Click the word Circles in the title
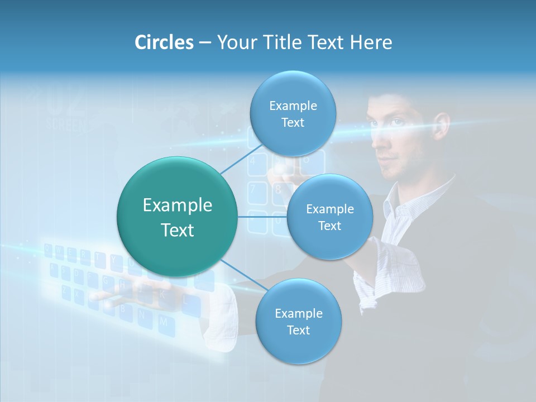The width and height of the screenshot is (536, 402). (164, 42)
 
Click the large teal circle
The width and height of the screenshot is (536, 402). (177, 217)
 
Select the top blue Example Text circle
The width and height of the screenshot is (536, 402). (293, 114)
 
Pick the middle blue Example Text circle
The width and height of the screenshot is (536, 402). (329, 217)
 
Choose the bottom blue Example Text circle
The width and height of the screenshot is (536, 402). (298, 322)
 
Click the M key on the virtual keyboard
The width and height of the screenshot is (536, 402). (163, 322)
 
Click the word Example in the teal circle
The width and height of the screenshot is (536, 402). (177, 205)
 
